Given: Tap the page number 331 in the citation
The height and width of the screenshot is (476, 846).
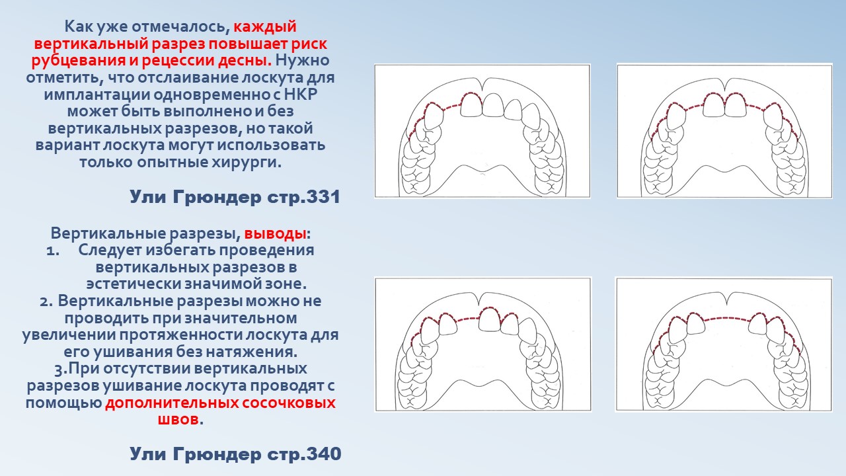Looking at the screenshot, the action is tap(323, 197).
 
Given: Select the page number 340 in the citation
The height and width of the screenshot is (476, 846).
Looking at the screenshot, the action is tap(323, 454).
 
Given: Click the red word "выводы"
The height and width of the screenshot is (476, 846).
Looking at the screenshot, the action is tap(275, 234).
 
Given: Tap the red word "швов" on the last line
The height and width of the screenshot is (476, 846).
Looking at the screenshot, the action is tap(178, 419).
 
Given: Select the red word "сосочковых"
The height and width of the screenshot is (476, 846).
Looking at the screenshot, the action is tap(289, 403).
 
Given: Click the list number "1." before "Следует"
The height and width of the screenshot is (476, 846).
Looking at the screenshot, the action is tap(53, 251).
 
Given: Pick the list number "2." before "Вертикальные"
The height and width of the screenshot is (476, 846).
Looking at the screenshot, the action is tap(46, 301).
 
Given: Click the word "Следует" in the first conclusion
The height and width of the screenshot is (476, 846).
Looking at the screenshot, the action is tap(110, 251).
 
